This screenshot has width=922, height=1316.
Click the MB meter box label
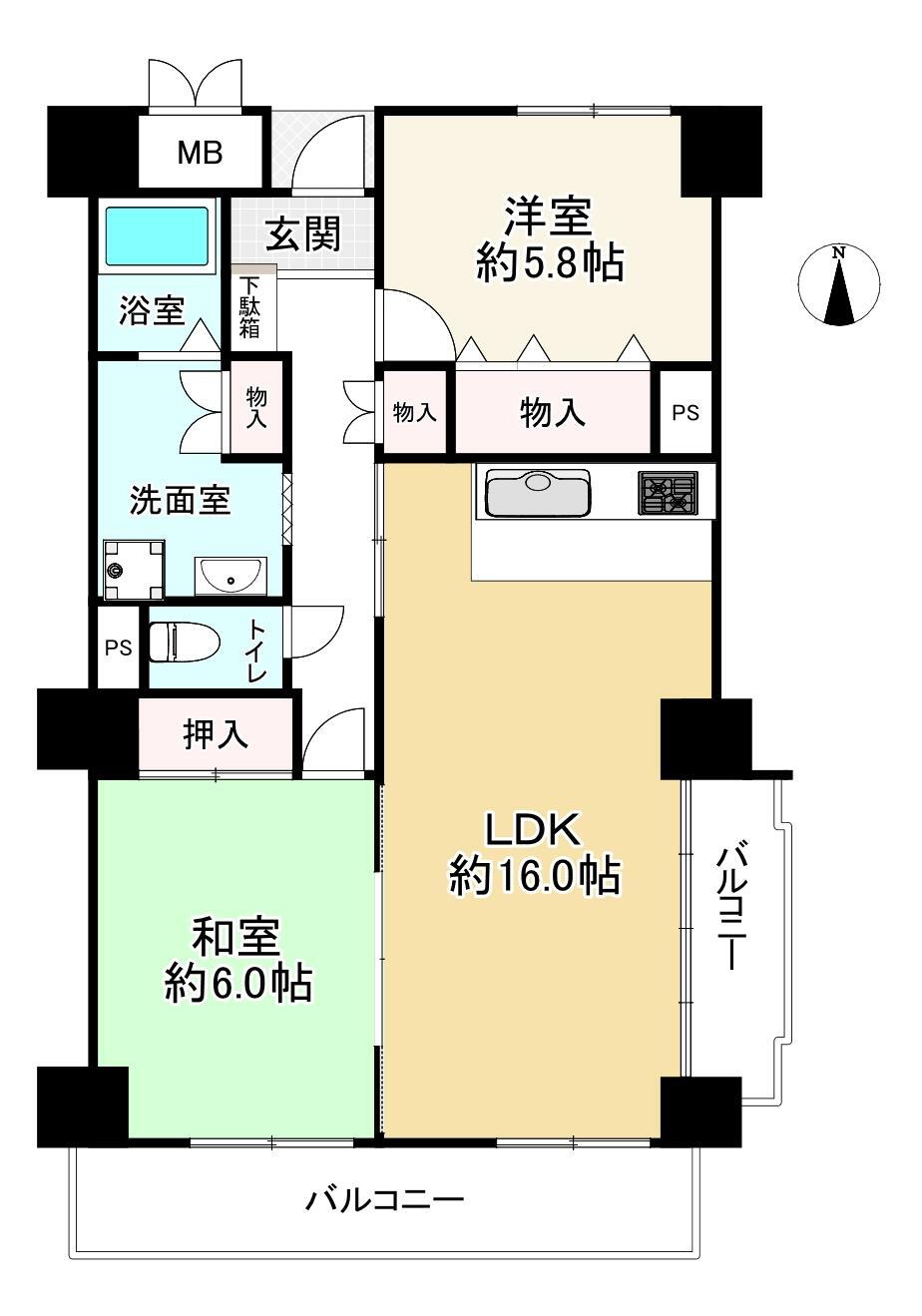[200, 153]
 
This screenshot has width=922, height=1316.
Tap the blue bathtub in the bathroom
[157, 236]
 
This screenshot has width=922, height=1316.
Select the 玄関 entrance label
[302, 233]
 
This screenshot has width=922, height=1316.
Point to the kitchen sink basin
[538, 492]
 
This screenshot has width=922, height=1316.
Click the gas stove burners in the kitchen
[669, 492]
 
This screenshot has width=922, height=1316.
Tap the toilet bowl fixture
[184, 642]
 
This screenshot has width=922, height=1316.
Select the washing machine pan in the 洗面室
[134, 569]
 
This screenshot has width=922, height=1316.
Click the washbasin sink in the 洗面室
[230, 575]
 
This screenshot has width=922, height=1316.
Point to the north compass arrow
[839, 285]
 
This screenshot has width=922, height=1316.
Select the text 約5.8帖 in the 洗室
[550, 263]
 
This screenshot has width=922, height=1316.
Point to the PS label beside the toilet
[118, 648]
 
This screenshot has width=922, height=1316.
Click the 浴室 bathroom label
[153, 309]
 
